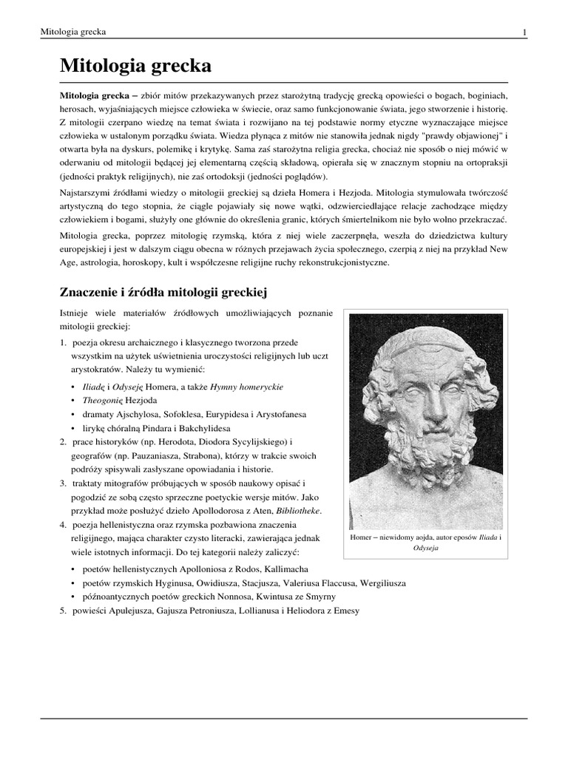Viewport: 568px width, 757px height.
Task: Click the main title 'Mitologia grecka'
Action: tap(135, 67)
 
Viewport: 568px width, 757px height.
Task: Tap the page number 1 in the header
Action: tap(524, 33)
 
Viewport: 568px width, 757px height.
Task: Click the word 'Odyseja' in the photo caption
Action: tap(425, 549)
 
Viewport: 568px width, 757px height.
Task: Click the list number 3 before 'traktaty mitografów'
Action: tap(63, 483)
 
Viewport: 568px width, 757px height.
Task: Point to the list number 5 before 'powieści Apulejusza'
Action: tap(63, 610)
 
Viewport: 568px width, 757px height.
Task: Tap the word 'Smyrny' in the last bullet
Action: tap(320, 596)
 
